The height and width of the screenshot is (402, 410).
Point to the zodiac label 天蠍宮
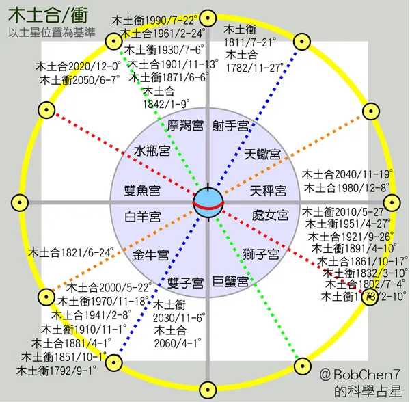(263, 154)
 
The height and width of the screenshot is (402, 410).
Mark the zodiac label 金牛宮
(151, 255)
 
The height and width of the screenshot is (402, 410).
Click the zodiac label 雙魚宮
(143, 189)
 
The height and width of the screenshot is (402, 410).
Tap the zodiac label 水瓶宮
(152, 151)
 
